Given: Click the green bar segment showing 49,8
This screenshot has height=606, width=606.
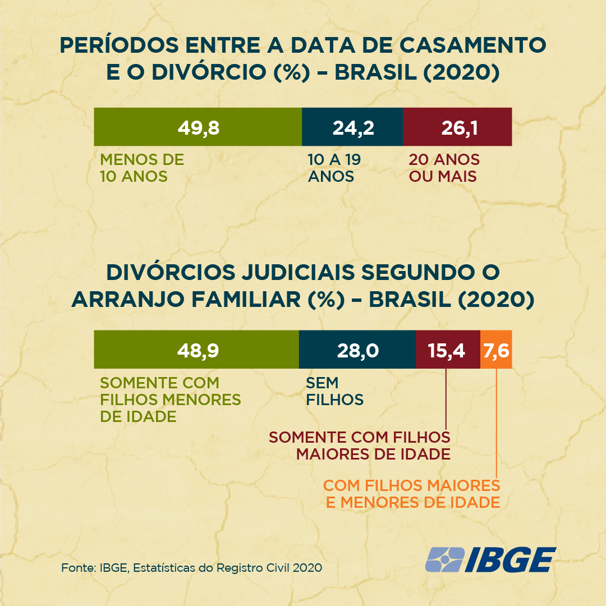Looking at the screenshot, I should tap(198, 127).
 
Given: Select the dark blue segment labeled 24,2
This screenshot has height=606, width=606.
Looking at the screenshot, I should tap(352, 127).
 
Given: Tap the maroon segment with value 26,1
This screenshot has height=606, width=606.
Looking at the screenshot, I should tap(457, 127).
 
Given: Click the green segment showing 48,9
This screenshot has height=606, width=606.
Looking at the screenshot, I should tap(196, 350).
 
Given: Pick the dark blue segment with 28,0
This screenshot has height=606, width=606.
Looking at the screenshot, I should tap(357, 350).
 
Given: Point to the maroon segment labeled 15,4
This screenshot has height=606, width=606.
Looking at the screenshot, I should tap(447, 350).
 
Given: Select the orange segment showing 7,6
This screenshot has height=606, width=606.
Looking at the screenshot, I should tap(496, 350).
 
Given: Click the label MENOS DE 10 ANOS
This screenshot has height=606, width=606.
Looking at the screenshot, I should tap(142, 168).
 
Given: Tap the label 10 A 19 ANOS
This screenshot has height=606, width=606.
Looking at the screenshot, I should tap(334, 168).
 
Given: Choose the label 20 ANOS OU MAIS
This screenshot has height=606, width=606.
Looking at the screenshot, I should tap(444, 168).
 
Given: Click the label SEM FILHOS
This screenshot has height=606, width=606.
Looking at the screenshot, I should tap(334, 392).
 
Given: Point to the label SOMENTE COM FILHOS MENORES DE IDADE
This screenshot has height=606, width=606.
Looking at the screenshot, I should tap(171, 400).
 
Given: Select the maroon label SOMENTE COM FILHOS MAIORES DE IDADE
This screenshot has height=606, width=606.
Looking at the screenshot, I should tap(360, 446).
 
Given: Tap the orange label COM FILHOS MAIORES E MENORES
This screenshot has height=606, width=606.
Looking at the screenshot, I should tap(412, 494).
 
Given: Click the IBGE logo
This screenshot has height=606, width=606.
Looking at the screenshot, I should tap(490, 559).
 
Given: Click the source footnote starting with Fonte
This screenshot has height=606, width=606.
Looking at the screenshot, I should tap(191, 568).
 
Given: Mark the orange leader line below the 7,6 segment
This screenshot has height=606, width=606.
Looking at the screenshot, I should tap(497, 421).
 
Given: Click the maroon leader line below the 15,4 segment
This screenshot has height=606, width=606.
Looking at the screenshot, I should tap(446, 398).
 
